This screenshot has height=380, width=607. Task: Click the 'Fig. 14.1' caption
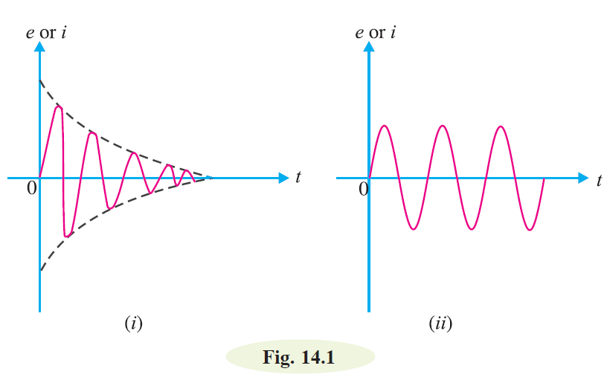tap(298, 357)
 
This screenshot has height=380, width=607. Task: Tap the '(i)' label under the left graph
tap(134, 323)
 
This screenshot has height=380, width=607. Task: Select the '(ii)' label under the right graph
tap(440, 323)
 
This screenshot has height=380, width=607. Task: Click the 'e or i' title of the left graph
tap(46, 32)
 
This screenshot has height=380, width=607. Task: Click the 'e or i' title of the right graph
tap(376, 32)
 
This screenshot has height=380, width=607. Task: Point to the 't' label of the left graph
tap(298, 177)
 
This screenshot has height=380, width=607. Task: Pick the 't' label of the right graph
tap(600, 180)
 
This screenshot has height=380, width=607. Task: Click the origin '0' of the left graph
tap(32, 188)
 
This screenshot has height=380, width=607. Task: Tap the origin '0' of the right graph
tap(363, 189)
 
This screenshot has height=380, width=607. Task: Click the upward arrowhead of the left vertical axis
tap(39, 46)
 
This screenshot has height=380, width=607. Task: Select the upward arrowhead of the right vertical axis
tap(369, 46)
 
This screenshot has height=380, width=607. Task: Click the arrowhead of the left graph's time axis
tap(283, 178)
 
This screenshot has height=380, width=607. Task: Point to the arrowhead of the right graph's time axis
tap(583, 178)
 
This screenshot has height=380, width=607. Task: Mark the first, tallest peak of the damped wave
tap(59, 106)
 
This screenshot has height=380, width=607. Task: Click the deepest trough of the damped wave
tap(67, 235)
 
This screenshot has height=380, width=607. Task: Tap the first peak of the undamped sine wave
tap(385, 126)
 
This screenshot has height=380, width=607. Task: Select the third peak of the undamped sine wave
tap(501, 126)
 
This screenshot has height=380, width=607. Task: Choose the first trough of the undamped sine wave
tap(414, 229)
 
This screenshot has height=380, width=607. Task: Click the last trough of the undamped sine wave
tap(530, 230)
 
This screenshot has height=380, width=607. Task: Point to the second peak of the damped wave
tap(92, 133)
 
